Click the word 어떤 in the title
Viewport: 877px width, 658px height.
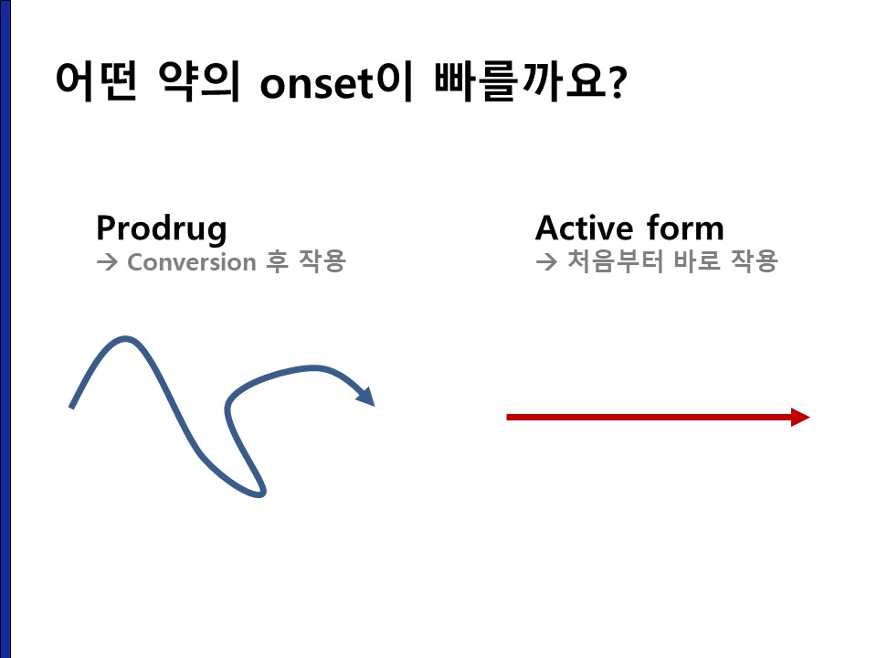coord(96,81)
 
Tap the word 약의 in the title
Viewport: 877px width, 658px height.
coord(199,81)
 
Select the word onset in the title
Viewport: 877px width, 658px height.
coord(317,84)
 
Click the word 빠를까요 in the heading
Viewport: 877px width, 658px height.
coord(519,81)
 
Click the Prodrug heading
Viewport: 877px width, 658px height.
coord(162,228)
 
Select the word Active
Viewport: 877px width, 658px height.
coord(584,228)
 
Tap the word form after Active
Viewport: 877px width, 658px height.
coord(685,228)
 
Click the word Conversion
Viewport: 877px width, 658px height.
coord(192,262)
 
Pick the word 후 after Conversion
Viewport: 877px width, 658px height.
coord(277,261)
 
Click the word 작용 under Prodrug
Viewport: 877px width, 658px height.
coord(322,260)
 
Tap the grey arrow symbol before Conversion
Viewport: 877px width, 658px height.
coord(107,262)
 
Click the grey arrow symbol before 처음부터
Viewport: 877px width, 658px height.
coord(546,261)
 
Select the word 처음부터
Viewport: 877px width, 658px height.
coord(615,260)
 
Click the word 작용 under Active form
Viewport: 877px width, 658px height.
coord(755,260)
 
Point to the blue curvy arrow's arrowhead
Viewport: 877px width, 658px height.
coord(365,396)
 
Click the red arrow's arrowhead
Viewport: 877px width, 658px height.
coord(800,417)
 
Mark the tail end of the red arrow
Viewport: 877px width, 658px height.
coord(507,417)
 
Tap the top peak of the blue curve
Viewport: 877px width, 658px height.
coord(125,338)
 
